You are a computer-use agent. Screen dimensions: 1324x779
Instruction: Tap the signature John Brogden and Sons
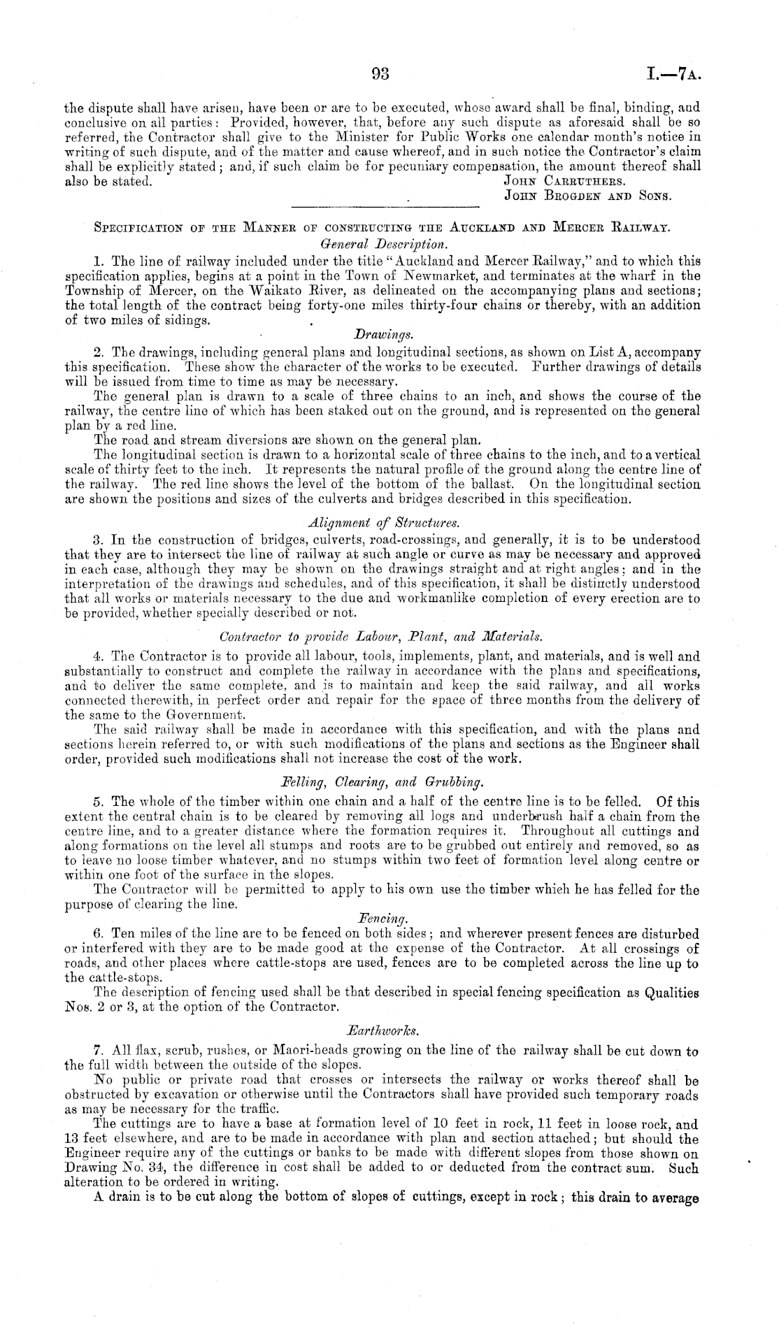click(587, 196)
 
